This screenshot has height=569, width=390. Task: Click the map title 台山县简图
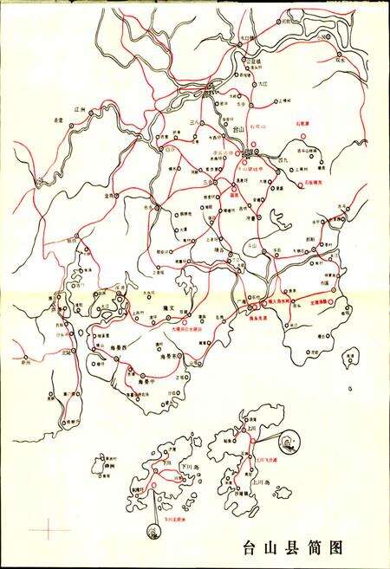click(x=295, y=547)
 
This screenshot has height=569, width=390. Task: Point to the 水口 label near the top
click(x=245, y=39)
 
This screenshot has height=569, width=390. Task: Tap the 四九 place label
click(x=283, y=161)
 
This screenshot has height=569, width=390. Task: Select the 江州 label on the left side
click(x=84, y=110)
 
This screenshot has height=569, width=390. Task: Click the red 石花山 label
click(x=257, y=127)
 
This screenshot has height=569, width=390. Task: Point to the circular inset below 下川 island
click(x=152, y=527)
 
